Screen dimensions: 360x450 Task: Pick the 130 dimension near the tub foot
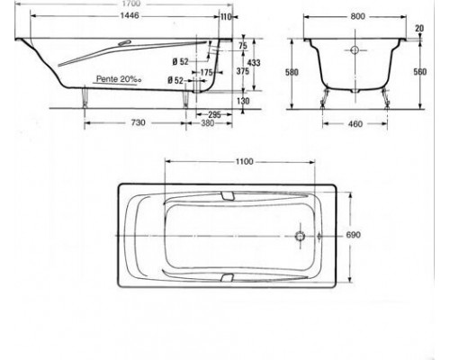click(x=243, y=101)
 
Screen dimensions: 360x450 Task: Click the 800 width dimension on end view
click(x=357, y=17)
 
